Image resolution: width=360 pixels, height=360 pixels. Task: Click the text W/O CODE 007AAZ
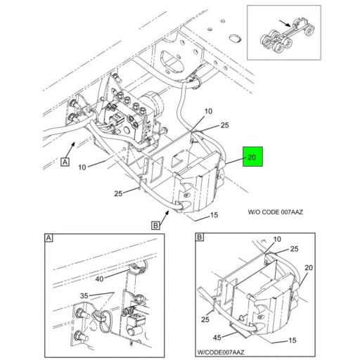click(276, 212)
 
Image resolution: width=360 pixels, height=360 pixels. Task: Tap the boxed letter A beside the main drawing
click(65, 162)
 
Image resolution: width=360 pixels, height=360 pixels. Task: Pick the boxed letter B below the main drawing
click(155, 225)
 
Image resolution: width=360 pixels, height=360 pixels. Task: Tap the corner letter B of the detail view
click(199, 238)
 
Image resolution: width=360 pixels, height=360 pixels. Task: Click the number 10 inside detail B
click(266, 240)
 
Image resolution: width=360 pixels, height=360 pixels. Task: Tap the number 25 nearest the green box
click(224, 126)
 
